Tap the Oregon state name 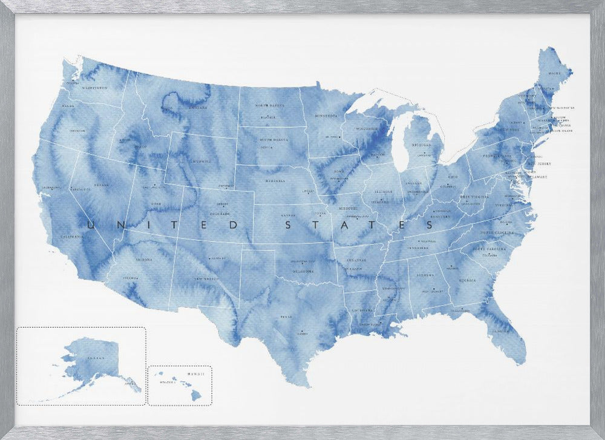coord(77,130)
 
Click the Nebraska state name coord(274,180)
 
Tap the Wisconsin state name coord(367,129)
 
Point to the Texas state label coord(286,317)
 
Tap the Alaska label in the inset coord(95,358)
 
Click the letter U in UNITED coord(93,225)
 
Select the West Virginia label coord(474,197)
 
